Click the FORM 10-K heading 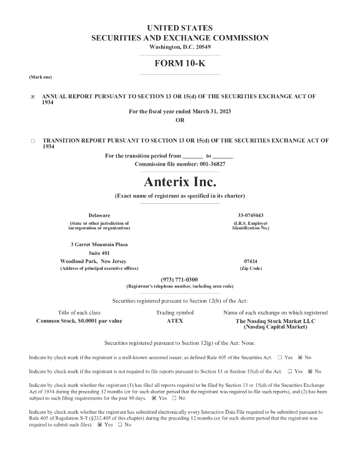click(x=180, y=64)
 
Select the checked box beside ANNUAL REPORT click(x=32, y=97)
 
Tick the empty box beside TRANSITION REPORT click(x=33, y=141)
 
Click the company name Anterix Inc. click(x=180, y=182)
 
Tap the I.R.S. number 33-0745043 click(x=250, y=215)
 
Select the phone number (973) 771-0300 click(x=179, y=279)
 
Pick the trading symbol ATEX click(x=175, y=321)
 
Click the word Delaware click(x=99, y=215)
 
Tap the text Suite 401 click(x=99, y=253)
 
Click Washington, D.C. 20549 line click(x=180, y=47)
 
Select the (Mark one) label click(x=41, y=77)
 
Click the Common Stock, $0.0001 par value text click(x=79, y=321)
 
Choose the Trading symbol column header click(x=175, y=313)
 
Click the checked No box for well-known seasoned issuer click(x=300, y=358)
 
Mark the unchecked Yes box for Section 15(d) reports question click(x=289, y=371)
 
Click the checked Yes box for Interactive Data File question click(x=100, y=425)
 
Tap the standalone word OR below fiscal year click(x=180, y=120)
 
